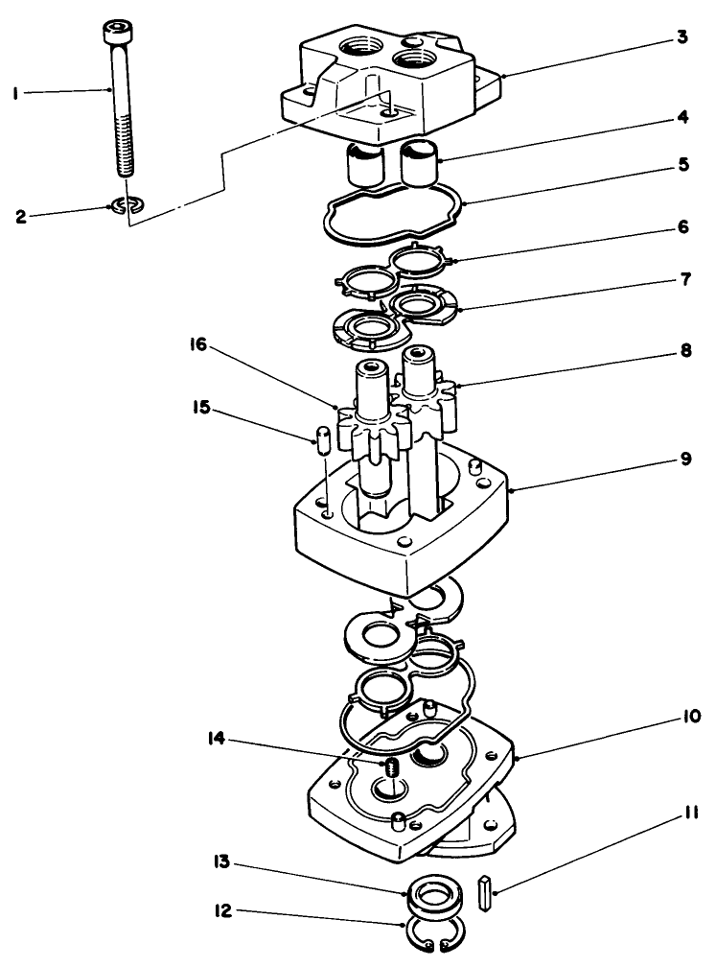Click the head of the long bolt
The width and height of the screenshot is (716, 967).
click(x=116, y=35)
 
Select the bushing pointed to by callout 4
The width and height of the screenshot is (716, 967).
click(x=419, y=164)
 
